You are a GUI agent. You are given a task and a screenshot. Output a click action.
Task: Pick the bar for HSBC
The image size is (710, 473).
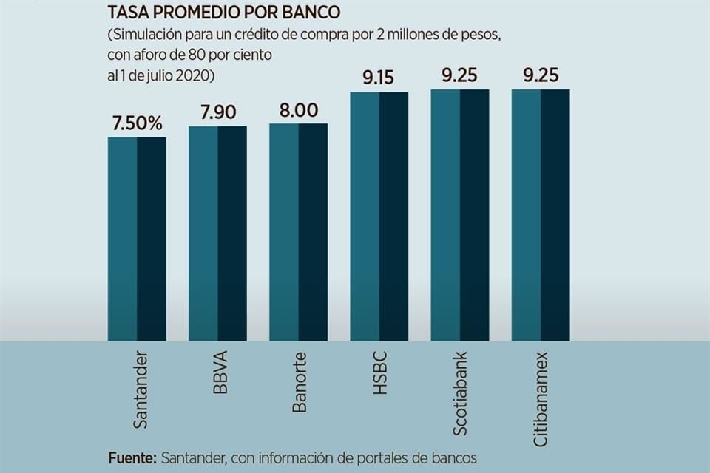[x=379, y=216]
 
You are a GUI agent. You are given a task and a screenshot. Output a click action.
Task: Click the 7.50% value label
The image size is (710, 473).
[x=137, y=123]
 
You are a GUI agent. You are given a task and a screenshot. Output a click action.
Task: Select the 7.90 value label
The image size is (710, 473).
[x=217, y=113]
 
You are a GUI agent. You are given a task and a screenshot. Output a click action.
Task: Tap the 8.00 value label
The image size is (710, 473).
[x=298, y=110]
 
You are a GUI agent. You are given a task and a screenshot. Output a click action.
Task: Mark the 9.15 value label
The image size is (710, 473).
[x=379, y=78]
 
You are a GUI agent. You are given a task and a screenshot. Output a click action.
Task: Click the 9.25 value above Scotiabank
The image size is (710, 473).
[x=459, y=75]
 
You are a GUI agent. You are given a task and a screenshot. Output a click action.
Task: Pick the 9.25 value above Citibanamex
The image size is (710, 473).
[x=541, y=75]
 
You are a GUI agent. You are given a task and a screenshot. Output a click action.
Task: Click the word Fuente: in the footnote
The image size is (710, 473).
[x=132, y=457]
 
